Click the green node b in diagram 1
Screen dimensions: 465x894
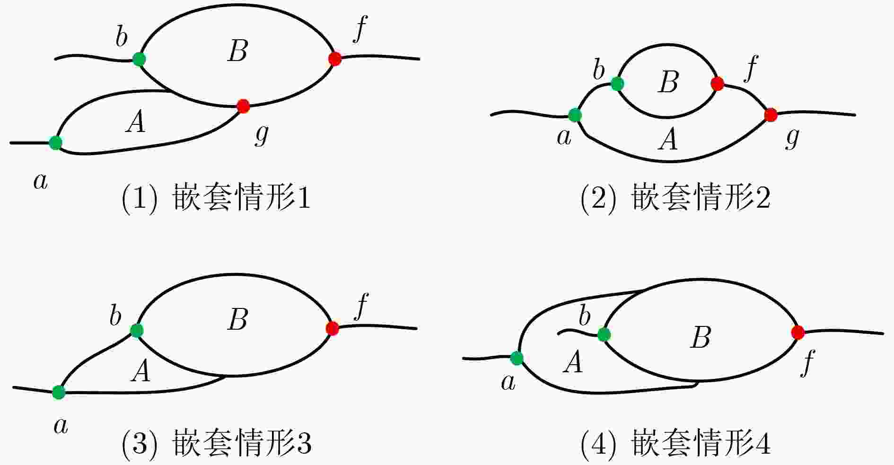pos(139,59)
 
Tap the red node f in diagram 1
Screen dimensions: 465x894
pos(335,59)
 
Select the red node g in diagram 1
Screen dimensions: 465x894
pos(243,106)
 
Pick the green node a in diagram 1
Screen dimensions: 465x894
pos(56,142)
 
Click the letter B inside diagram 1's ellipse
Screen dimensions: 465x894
pos(237,51)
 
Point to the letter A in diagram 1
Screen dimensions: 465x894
pos(136,123)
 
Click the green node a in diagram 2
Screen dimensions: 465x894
pos(575,115)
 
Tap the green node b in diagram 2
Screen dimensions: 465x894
pos(617,84)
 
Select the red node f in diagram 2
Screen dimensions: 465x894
pos(717,84)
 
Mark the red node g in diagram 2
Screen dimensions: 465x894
pos(771,115)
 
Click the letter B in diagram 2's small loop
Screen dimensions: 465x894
pos(668,82)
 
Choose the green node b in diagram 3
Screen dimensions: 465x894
pos(137,330)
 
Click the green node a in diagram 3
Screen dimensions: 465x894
pos(59,392)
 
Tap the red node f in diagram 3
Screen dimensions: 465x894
pos(332,328)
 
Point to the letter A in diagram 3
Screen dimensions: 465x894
pos(141,371)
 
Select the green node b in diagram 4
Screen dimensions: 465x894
pos(604,335)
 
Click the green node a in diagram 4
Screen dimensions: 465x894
pos(517,358)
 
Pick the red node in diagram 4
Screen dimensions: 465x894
pos(798,333)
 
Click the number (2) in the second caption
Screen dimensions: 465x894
pos(598,199)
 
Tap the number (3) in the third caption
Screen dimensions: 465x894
pos(139,444)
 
